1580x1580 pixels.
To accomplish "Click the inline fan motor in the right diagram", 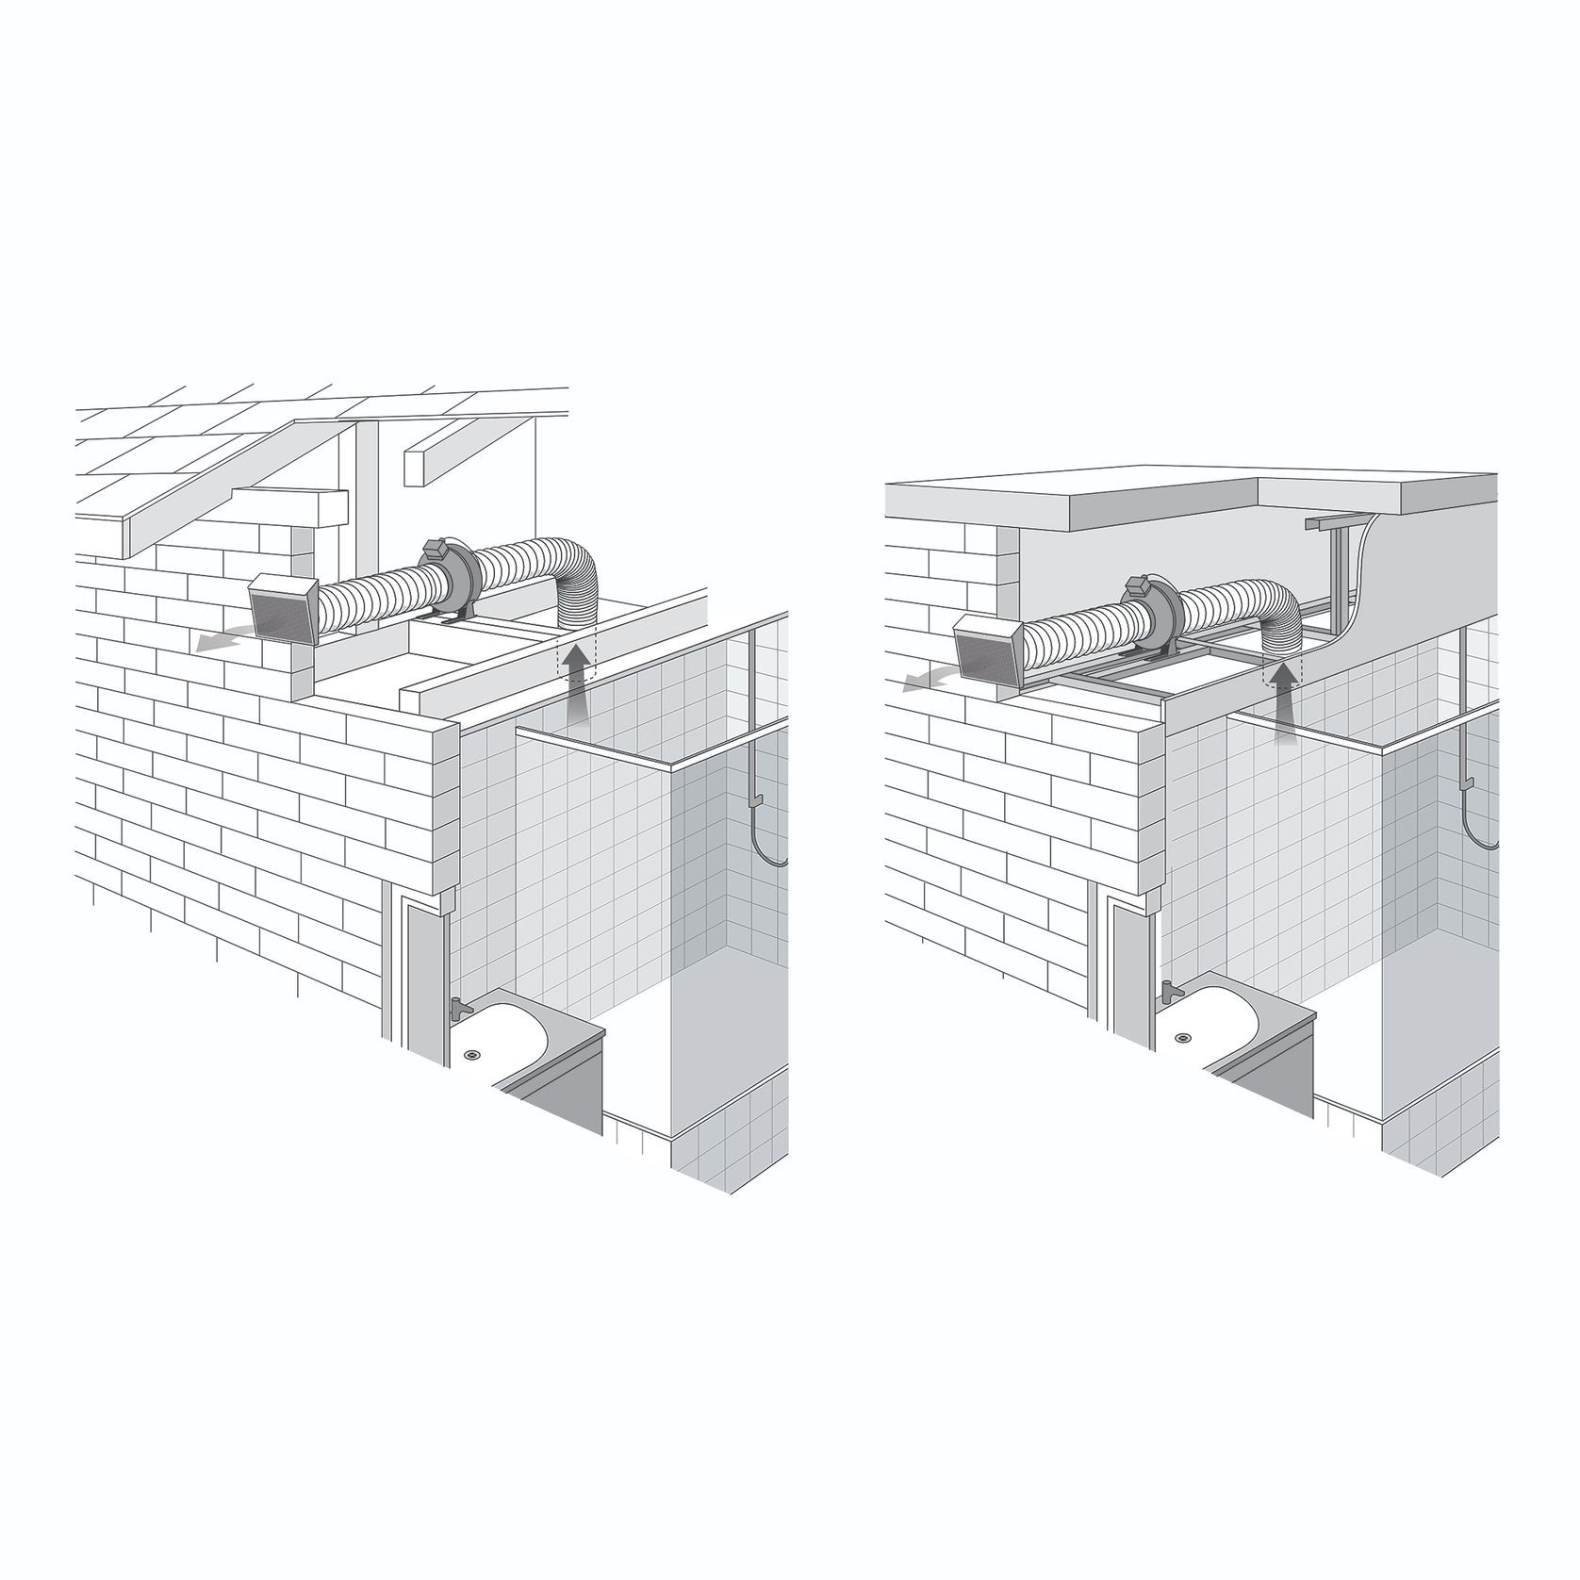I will (x=1149, y=613).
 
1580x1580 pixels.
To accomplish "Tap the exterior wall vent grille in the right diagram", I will (x=990, y=650).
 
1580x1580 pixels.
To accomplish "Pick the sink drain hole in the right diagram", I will (x=1181, y=1037).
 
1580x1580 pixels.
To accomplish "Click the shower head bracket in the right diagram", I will (x=1468, y=782).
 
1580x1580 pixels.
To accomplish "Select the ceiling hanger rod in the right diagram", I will (x=1336, y=566).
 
